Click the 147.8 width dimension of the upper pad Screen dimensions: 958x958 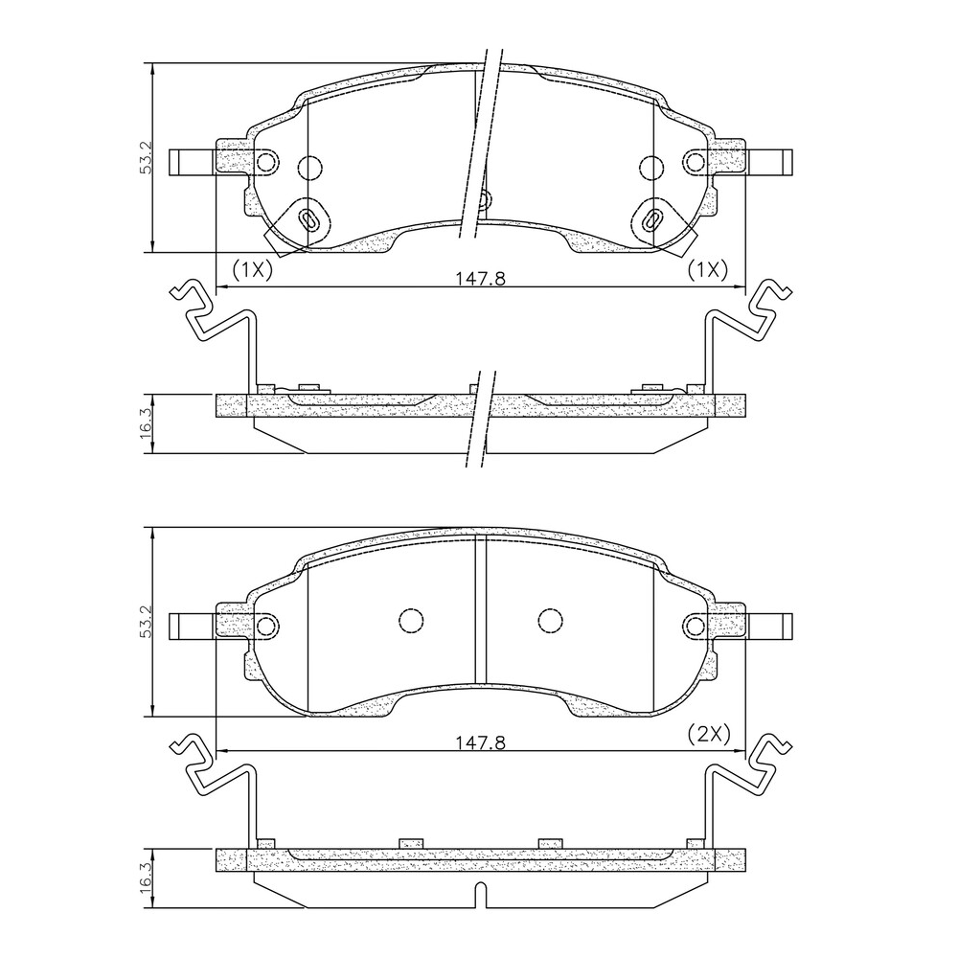[481, 278]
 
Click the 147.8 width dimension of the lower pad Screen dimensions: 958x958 [481, 742]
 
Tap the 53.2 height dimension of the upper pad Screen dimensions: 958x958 [146, 158]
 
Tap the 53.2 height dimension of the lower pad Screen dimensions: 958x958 [146, 623]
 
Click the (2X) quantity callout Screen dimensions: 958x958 [709, 733]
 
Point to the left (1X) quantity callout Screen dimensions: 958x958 [252, 269]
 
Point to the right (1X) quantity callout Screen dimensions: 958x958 [708, 269]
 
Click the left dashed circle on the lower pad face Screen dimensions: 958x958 [411, 621]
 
